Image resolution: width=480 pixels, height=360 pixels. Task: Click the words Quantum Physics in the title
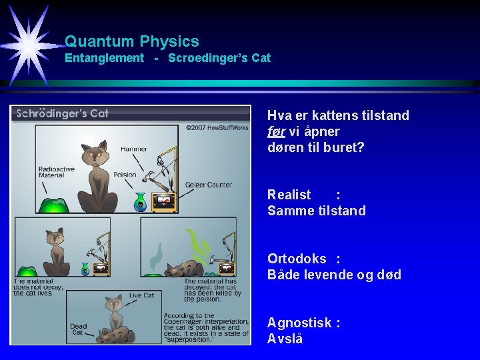[x=132, y=41]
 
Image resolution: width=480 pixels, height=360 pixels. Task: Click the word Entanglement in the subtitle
[x=104, y=58]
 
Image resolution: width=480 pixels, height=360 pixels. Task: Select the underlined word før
[x=276, y=131]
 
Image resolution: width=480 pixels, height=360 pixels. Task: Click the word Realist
[x=289, y=195]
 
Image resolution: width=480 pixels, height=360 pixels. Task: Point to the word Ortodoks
[x=297, y=259]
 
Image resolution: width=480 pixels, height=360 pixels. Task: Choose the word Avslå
[x=285, y=339]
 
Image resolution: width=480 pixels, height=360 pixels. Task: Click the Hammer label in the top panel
[x=134, y=149]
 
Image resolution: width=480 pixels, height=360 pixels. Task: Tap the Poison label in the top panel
[x=125, y=175]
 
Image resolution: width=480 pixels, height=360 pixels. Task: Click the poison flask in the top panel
[x=140, y=202]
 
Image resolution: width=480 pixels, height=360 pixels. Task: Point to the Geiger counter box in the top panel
[x=164, y=201]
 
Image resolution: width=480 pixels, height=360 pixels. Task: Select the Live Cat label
[x=141, y=295]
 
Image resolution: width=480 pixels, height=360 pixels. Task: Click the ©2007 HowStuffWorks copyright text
[x=217, y=127]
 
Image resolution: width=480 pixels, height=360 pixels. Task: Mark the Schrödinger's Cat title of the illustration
[x=62, y=113]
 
